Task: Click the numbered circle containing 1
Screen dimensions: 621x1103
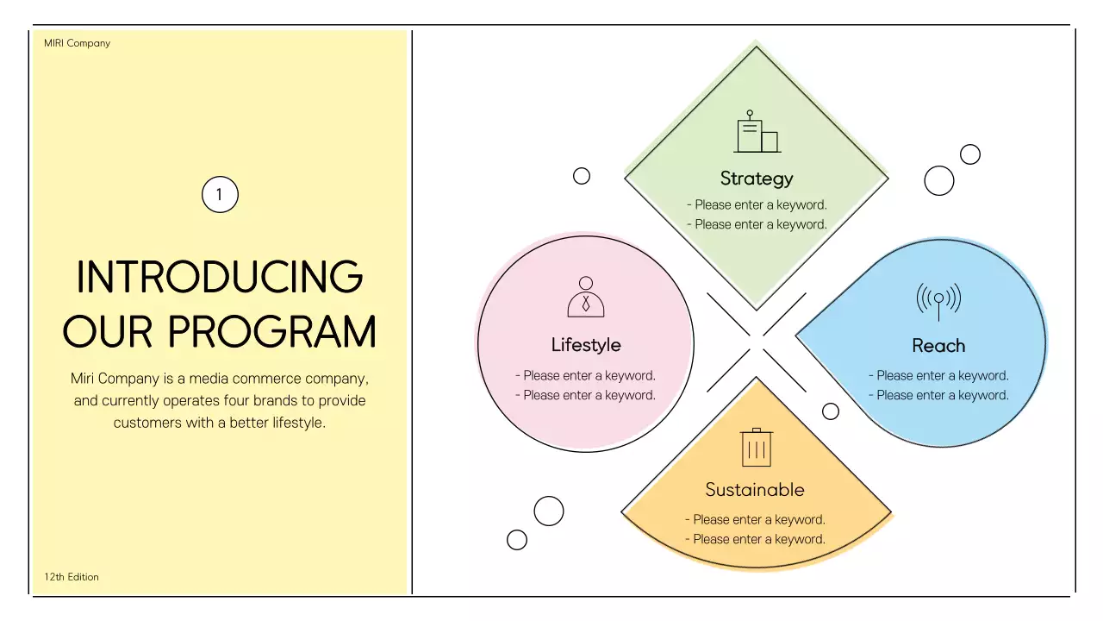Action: tap(220, 195)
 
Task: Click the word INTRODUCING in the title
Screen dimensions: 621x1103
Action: tap(220, 277)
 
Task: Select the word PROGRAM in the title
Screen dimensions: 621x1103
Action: tap(272, 332)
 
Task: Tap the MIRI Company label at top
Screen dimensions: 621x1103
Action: tap(78, 43)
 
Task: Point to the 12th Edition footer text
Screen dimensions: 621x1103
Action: tap(72, 577)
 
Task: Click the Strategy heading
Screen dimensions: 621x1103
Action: tap(757, 179)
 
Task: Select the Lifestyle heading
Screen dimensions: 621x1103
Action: tap(586, 345)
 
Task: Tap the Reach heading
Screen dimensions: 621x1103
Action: tap(938, 346)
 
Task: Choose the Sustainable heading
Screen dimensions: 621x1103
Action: tap(755, 490)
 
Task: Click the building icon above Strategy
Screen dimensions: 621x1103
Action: tap(757, 133)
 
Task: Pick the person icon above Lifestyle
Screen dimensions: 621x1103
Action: tap(586, 297)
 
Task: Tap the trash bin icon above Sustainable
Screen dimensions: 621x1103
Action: tap(757, 448)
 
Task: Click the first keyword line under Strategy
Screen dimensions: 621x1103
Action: tap(757, 205)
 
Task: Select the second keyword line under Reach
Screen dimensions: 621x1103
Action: tap(938, 395)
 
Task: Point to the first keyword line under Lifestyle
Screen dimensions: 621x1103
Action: tap(586, 376)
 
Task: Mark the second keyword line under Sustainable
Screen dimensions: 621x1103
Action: tap(755, 539)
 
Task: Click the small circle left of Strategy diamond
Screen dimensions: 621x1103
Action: tap(582, 176)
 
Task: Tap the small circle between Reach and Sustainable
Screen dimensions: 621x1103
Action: tap(831, 411)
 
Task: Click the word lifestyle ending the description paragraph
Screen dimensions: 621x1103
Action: tap(294, 423)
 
